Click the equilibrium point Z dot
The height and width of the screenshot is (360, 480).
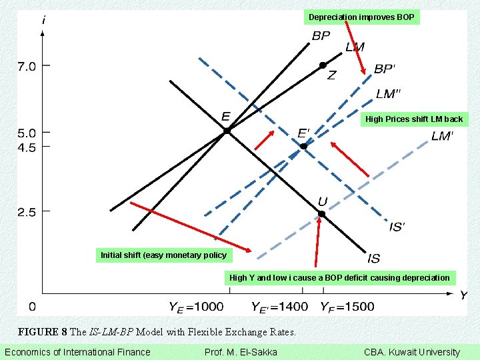coord(323,65)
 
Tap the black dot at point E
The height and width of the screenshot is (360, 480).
coord(227,131)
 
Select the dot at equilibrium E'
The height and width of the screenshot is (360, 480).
coord(303,146)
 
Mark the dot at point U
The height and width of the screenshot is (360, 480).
coord(321,214)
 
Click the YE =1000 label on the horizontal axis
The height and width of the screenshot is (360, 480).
coord(196,307)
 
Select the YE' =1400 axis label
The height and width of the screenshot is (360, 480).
coord(279,307)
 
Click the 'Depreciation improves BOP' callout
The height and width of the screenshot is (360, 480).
coord(361,17)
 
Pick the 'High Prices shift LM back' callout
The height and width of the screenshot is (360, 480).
coord(414,119)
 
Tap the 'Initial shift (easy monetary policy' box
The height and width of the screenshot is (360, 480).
coord(163,255)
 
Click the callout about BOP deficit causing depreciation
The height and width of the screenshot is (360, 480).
coord(339,277)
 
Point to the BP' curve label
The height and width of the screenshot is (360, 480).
coord(385,69)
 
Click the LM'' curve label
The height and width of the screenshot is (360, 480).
coord(389,93)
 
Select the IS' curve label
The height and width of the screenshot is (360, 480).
coord(397,227)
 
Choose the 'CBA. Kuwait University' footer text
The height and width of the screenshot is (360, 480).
coord(411,352)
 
